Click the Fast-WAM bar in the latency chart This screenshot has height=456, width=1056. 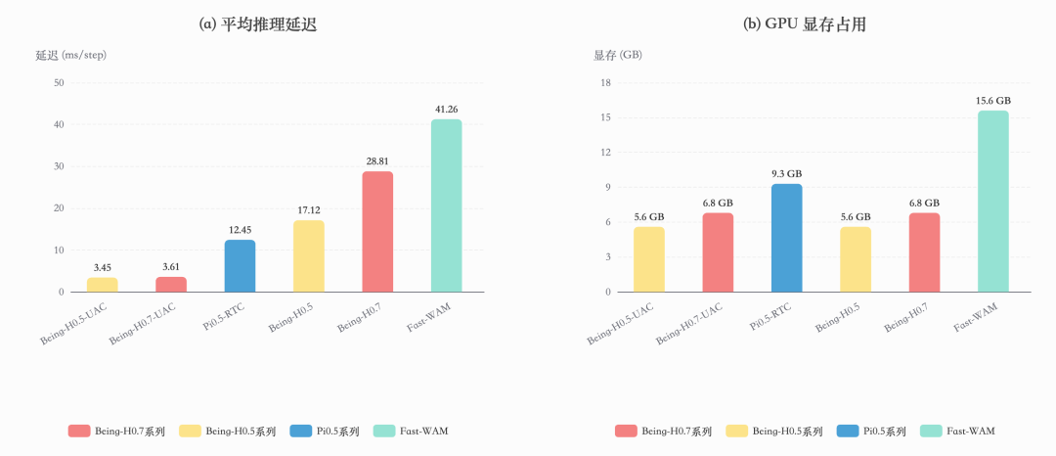(446, 205)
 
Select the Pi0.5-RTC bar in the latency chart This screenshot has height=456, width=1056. (240, 266)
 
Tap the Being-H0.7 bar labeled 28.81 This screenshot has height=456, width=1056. (377, 232)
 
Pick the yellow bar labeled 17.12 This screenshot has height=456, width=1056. (309, 256)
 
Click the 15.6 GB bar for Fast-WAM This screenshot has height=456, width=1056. (992, 202)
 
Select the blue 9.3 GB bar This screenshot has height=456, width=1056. (786, 238)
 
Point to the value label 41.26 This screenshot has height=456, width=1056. (446, 109)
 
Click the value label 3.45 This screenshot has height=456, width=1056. (102, 267)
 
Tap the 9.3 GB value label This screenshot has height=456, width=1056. (786, 173)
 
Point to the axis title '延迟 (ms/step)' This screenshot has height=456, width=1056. (71, 55)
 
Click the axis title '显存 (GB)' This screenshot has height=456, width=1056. (618, 55)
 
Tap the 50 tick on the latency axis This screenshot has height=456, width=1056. (59, 82)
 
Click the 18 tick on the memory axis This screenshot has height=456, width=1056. (605, 82)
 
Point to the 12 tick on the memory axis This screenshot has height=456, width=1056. (605, 153)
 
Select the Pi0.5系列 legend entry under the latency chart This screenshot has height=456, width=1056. (326, 431)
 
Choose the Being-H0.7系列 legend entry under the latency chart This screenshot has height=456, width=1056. (118, 431)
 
